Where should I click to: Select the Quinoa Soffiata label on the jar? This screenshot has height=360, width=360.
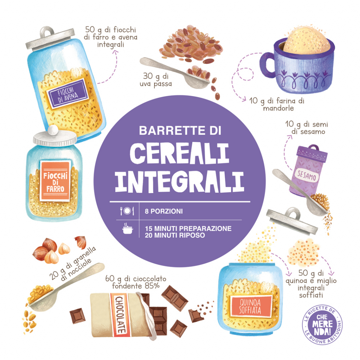tap(251, 306)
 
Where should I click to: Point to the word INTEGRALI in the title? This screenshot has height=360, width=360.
tap(180, 181)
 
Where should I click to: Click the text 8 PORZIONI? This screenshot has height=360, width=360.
tap(164, 211)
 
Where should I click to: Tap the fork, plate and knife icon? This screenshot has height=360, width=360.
tap(127, 211)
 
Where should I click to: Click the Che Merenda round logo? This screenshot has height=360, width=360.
tap(322, 324)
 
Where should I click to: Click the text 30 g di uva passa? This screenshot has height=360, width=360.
tap(156, 80)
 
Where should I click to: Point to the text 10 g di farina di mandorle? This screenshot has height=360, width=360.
tap(277, 104)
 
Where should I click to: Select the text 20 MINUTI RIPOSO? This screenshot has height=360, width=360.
tap(175, 235)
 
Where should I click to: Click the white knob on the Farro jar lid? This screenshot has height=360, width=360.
tap(53, 130)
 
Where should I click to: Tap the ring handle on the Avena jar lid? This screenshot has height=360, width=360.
tap(47, 32)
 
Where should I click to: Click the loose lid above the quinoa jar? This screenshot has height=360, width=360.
tap(292, 221)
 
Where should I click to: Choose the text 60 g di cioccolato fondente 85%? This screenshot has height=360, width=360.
tap(136, 282)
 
